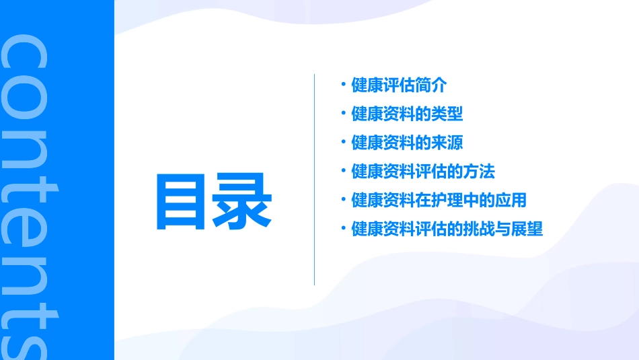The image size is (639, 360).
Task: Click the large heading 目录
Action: (x=214, y=201)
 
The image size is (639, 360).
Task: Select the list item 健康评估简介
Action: (x=399, y=85)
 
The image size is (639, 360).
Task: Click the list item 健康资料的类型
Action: (x=407, y=114)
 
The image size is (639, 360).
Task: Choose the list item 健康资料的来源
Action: (x=407, y=143)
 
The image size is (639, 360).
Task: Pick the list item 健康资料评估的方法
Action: (x=423, y=172)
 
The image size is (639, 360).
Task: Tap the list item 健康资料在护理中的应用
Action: (x=439, y=200)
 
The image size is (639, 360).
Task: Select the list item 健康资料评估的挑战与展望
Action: (x=447, y=229)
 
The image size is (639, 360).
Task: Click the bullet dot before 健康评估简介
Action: (x=343, y=85)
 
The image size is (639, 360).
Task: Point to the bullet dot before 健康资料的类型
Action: (x=343, y=114)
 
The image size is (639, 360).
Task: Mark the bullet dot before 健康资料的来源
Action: (x=343, y=142)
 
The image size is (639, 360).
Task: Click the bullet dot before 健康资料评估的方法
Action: (x=343, y=171)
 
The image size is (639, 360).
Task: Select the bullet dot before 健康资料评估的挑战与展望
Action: (x=343, y=228)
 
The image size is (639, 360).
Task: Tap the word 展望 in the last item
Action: (x=527, y=229)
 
